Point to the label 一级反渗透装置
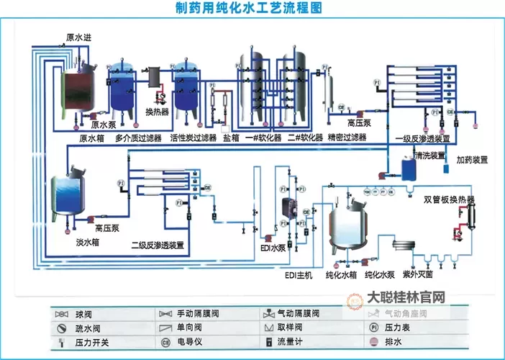click(423, 138)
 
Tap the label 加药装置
click(472, 159)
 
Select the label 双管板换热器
click(449, 199)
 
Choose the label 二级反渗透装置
click(157, 246)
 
